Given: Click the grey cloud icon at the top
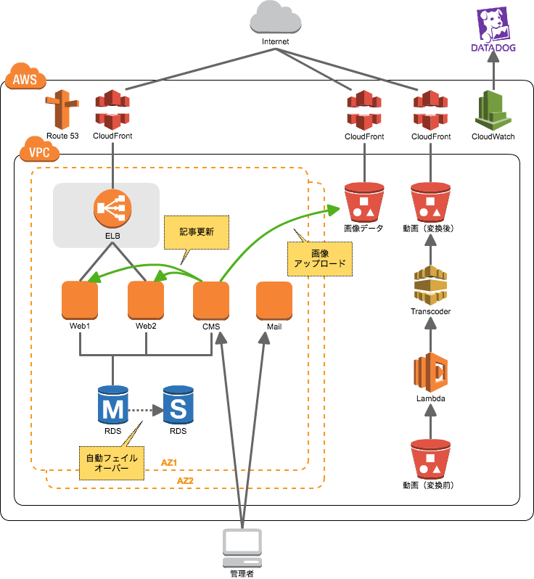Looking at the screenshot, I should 276,17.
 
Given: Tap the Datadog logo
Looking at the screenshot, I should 493,29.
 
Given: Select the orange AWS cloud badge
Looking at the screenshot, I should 25,76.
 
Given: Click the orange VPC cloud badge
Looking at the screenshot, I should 40,149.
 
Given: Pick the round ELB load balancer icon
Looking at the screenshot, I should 112,208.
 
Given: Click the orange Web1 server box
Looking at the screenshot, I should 80,300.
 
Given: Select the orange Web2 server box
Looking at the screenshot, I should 146,300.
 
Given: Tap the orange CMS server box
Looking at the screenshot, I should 211,300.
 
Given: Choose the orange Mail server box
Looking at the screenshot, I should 274,300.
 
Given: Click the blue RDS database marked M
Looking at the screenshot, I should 112,406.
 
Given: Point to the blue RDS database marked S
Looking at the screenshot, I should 178,406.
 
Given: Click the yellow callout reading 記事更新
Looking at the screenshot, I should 197,233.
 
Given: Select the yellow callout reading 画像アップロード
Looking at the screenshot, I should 320,259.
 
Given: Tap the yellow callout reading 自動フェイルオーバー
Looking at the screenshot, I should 111,463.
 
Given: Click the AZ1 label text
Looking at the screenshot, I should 169,462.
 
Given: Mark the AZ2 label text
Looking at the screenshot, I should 186,480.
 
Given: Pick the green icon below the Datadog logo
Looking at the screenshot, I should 493,110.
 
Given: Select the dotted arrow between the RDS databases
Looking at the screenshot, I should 145,410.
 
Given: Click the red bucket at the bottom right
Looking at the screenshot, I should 430,459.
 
